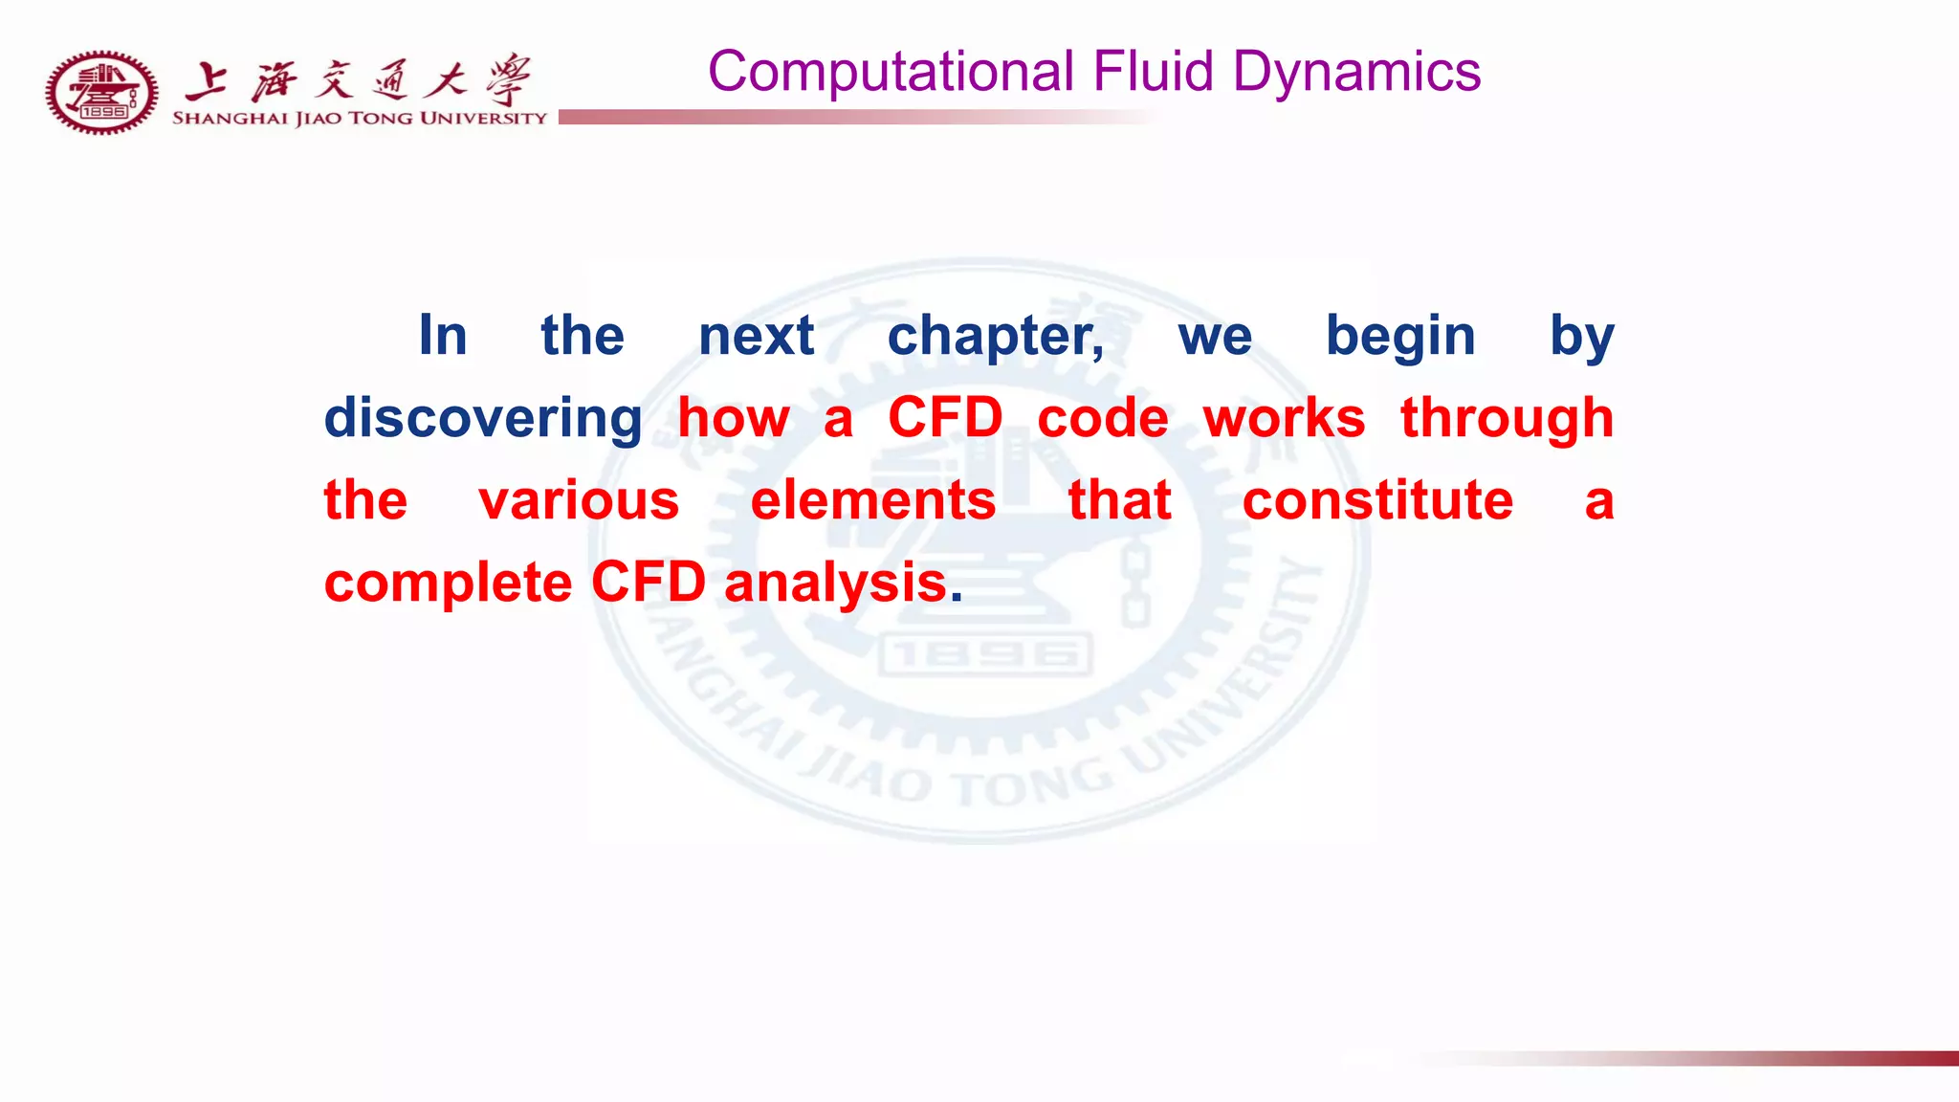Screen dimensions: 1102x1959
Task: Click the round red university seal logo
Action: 102,93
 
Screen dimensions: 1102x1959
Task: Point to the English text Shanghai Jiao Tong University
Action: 359,119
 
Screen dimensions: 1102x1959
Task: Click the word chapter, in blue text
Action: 996,337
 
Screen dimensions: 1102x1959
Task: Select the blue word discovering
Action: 483,419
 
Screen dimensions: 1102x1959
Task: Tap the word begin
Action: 1400,337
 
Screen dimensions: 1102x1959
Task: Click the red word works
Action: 1284,419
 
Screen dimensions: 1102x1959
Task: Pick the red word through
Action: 1507,419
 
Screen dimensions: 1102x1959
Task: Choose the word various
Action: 579,501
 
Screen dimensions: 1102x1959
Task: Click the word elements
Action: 872,501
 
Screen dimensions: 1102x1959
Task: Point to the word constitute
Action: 1377,501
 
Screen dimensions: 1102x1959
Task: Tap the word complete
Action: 448,584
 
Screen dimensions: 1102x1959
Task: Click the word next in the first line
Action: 756,337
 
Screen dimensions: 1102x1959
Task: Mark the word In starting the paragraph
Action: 443,337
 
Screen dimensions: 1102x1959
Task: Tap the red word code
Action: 1103,419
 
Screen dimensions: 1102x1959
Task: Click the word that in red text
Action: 1119,501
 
